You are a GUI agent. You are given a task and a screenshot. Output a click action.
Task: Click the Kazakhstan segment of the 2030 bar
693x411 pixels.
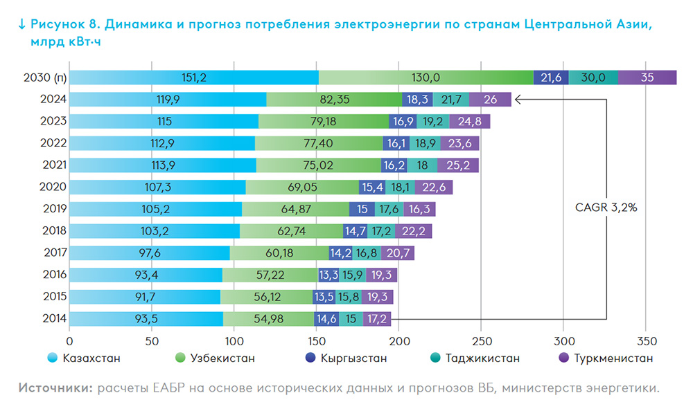tap(194, 77)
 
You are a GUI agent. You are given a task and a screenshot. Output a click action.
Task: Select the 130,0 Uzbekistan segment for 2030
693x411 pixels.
tap(426, 77)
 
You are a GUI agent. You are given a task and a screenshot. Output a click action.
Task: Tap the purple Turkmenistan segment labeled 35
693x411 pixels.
tap(647, 77)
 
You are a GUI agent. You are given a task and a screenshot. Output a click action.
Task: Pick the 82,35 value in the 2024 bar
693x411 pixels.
tap(334, 100)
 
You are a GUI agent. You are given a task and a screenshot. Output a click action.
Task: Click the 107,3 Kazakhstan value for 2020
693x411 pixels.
tap(157, 187)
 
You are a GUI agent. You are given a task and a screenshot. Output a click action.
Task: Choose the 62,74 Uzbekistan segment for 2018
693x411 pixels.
tap(292, 231)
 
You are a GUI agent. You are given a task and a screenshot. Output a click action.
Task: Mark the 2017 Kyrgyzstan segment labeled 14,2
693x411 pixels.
tap(341, 253)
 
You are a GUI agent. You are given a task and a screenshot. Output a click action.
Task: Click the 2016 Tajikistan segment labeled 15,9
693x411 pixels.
tap(353, 275)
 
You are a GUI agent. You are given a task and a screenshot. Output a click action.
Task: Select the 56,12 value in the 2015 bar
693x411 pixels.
tap(267, 297)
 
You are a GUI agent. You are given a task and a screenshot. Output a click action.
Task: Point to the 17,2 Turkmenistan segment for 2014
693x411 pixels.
tap(377, 318)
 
